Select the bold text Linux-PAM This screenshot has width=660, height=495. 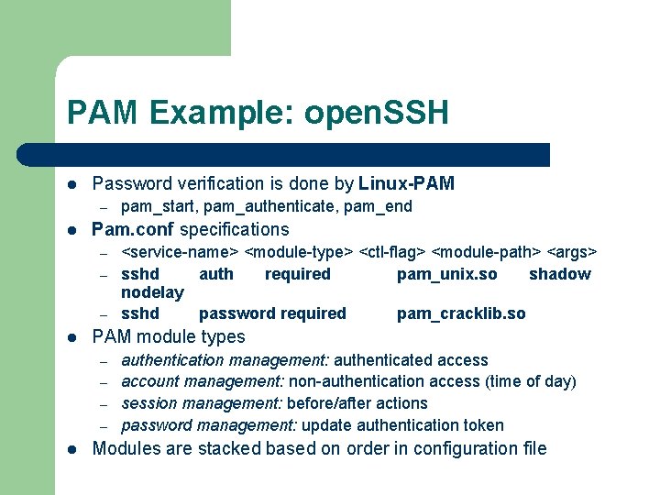(407, 183)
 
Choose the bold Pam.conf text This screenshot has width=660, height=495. (134, 229)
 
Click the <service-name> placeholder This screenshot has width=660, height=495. (181, 251)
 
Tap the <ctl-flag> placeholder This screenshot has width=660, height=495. (392, 251)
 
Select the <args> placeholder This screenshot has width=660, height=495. (572, 251)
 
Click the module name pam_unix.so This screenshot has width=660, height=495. (447, 274)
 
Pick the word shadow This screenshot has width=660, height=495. (560, 274)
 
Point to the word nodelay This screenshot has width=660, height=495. (152, 292)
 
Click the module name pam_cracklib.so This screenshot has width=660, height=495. (461, 313)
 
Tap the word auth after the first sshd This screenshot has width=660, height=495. (216, 274)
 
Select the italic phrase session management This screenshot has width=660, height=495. (202, 403)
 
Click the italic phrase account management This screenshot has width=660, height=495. (204, 381)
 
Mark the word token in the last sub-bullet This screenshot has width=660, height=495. (482, 425)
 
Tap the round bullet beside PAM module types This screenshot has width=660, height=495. (72, 337)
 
